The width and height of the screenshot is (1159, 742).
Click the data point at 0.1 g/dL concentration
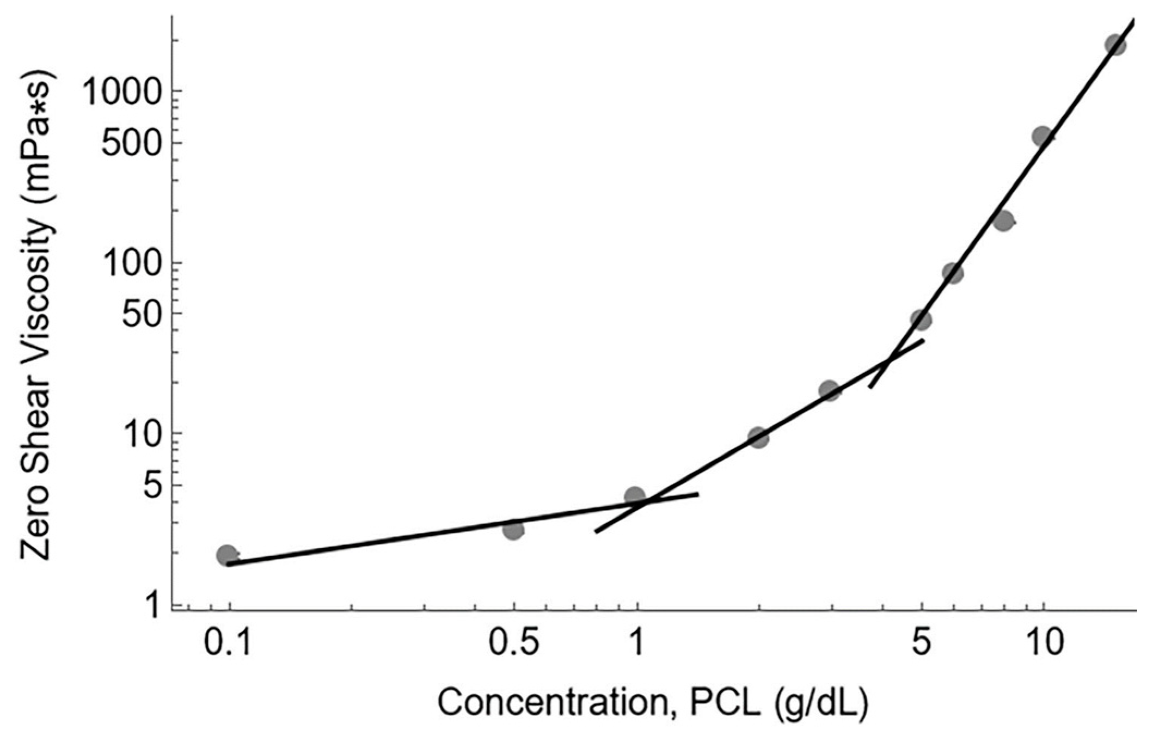[x=228, y=556]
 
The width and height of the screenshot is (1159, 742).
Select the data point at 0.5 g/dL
[x=513, y=530]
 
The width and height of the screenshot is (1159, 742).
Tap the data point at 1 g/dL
[x=635, y=496]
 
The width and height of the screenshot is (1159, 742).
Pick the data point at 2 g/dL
[x=758, y=438]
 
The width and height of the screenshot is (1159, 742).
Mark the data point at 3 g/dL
[x=829, y=390]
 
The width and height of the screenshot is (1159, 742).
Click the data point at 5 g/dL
[x=921, y=320]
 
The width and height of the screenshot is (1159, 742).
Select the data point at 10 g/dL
[x=1043, y=137]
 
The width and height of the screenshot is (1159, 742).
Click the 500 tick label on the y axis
[x=133, y=143]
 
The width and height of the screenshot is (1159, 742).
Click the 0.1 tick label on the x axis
[x=228, y=643]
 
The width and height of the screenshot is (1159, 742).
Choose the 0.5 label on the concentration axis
[x=513, y=643]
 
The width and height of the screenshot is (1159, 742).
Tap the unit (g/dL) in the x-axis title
[x=819, y=704]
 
